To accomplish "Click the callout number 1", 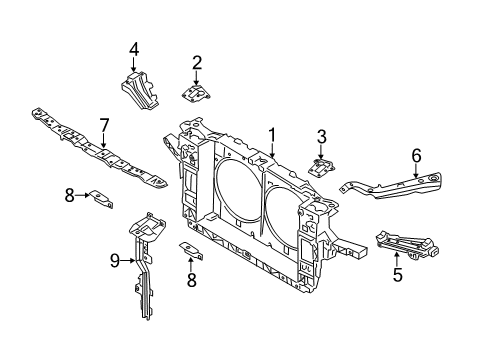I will click(x=271, y=133).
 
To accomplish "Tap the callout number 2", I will click(x=197, y=63).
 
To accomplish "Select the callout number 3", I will click(x=321, y=136).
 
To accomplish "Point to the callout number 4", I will click(x=133, y=47).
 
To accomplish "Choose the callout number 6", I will click(x=416, y=154).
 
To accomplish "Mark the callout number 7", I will click(x=103, y=125).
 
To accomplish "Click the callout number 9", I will click(x=115, y=261).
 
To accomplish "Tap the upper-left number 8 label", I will click(x=70, y=196).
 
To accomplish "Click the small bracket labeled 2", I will click(x=196, y=92).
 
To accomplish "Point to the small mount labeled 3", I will click(x=323, y=166).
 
